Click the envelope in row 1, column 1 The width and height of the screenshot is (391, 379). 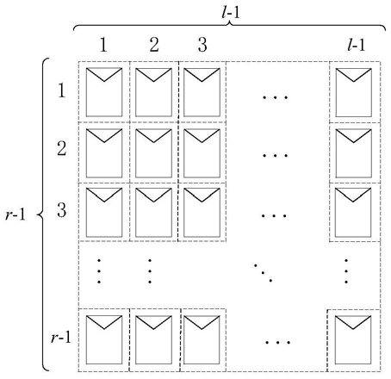click(104, 92)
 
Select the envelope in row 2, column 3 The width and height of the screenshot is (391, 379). click(202, 153)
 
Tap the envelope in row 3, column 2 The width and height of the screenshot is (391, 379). click(153, 213)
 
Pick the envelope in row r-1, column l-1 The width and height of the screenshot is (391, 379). click(353, 340)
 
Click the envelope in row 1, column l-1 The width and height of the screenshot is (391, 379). click(353, 92)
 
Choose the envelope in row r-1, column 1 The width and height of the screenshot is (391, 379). click(104, 340)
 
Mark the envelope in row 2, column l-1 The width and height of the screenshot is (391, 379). click(353, 153)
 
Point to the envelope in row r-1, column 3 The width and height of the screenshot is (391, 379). click(202, 340)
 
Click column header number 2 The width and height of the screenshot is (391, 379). click(154, 45)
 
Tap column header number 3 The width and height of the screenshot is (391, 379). click(202, 45)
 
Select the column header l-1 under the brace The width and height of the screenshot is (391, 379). click(356, 45)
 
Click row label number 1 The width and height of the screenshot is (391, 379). click(62, 90)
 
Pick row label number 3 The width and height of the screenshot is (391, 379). click(62, 210)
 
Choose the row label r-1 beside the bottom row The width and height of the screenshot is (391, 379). click(61, 337)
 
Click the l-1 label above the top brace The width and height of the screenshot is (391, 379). click(231, 12)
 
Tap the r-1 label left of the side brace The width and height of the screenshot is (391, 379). click(16, 214)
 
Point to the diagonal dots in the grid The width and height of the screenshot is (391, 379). click(263, 273)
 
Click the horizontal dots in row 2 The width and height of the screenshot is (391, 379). click(275, 156)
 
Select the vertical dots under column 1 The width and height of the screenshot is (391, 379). click(99, 271)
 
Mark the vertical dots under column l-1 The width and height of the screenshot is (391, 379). click(346, 271)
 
